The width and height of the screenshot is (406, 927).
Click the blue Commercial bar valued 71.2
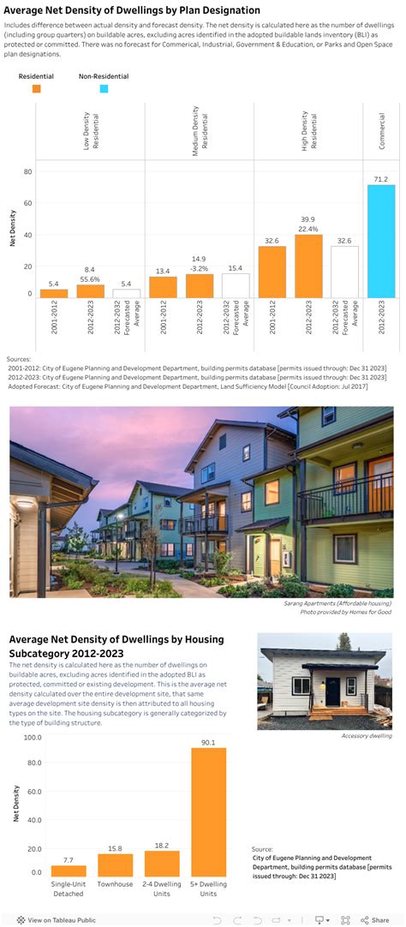(381, 242)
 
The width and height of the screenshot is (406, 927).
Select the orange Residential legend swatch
(36, 87)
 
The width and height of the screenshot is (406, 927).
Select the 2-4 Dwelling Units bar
(162, 863)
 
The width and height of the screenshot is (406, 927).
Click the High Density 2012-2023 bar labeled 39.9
(308, 266)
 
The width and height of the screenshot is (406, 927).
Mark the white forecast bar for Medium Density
(236, 285)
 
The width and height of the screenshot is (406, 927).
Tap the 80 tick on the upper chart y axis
(27, 172)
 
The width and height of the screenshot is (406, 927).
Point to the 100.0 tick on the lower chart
(33, 737)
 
